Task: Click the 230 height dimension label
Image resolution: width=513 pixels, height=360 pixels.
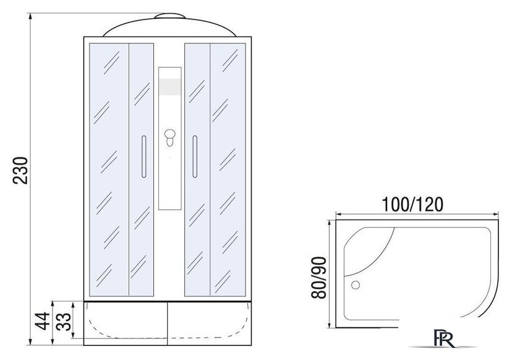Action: pos(20,171)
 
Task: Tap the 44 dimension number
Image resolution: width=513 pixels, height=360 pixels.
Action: pos(43,322)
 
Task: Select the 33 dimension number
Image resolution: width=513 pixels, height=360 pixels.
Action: pos(64,322)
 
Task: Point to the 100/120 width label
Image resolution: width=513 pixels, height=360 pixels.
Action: pos(412,204)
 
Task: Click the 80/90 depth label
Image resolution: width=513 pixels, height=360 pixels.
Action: pos(319,278)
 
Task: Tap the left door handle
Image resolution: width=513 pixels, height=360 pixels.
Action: pos(144,157)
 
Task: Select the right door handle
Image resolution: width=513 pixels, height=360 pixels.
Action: pos(195,157)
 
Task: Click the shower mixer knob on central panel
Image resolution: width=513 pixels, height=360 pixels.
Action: pos(170,137)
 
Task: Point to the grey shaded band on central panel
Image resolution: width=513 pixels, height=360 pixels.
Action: pos(170,87)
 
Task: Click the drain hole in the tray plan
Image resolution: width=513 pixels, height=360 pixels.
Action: pos(355,285)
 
